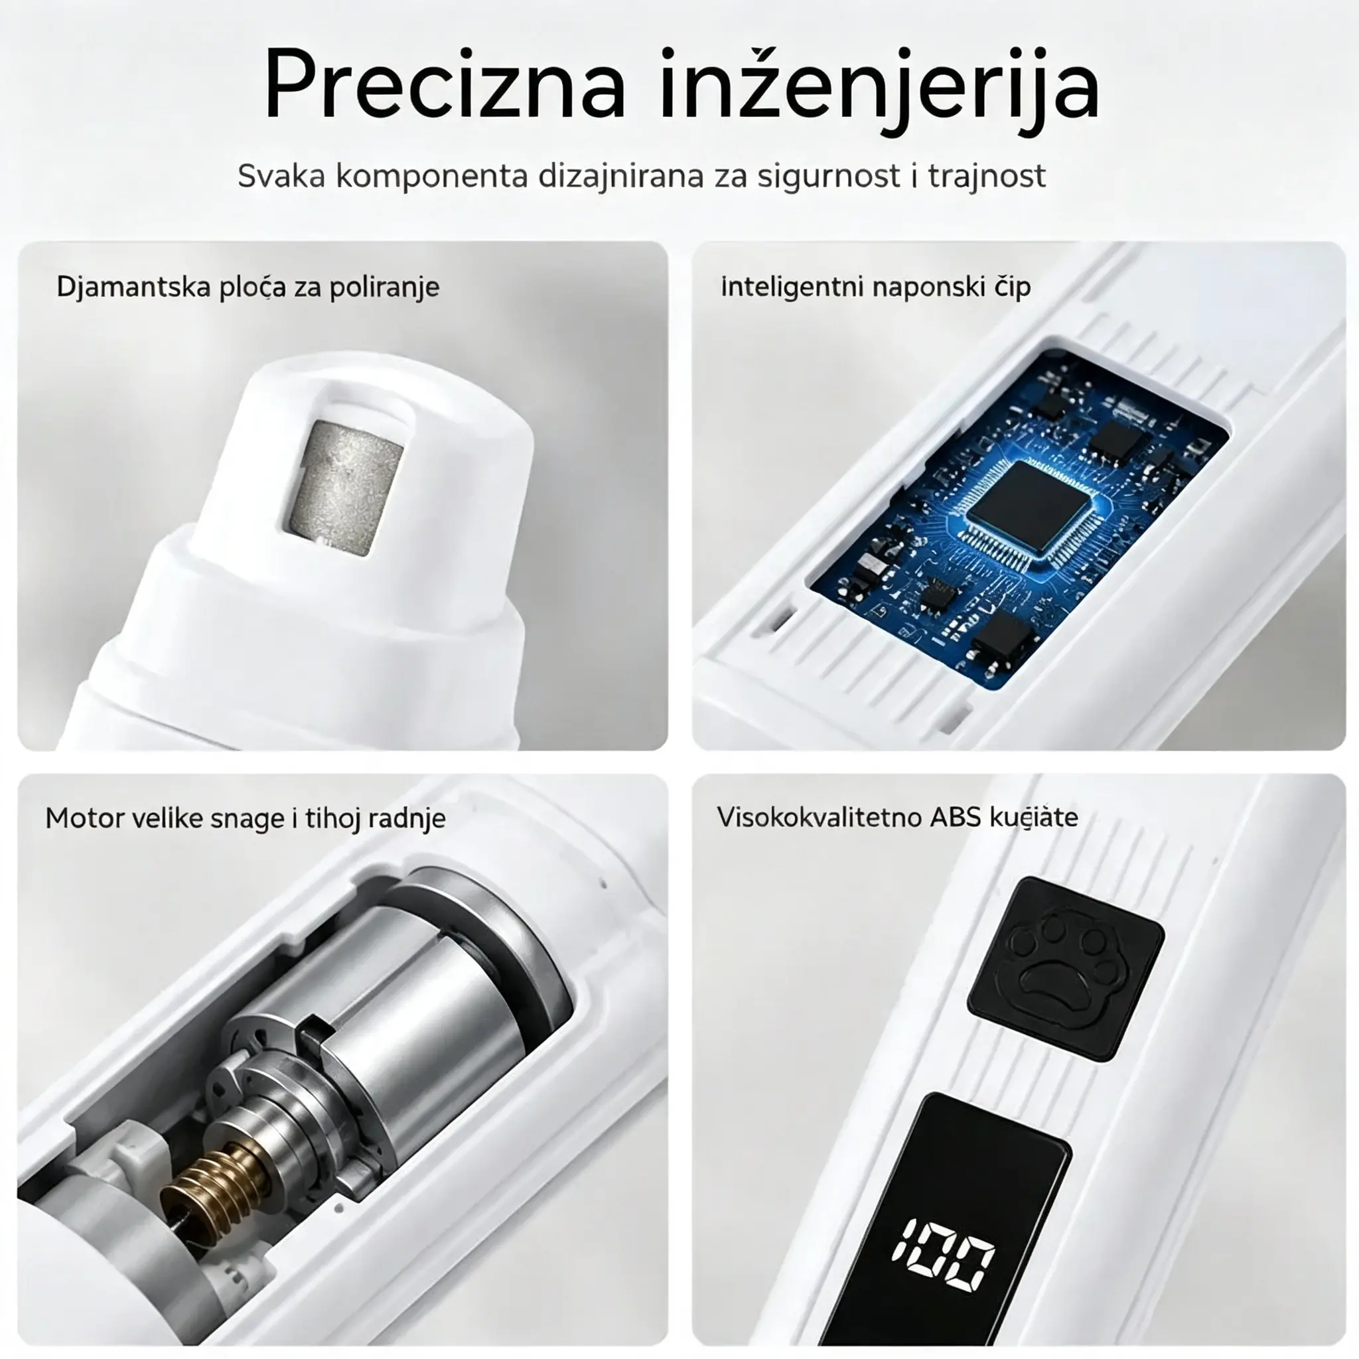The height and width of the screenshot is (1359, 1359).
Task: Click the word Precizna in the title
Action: (445, 85)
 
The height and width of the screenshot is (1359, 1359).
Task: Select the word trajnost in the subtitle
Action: (987, 176)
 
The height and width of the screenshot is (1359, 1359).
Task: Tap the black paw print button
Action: (1066, 969)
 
